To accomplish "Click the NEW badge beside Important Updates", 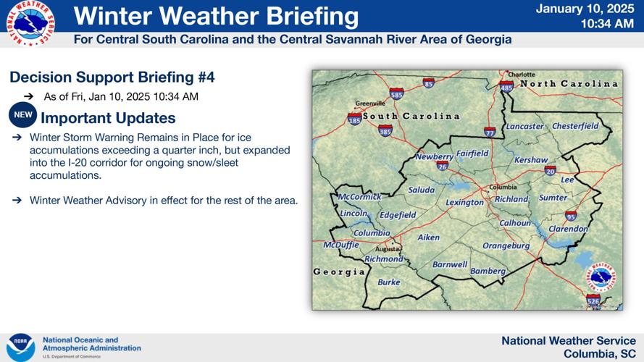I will [x=22, y=115].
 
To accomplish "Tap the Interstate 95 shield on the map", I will [x=571, y=216].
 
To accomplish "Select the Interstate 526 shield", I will [x=593, y=299].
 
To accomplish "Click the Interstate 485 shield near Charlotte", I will [x=506, y=86].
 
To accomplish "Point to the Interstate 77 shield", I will [x=490, y=132].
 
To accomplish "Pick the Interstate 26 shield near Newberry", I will [x=442, y=166].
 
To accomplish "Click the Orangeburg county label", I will [x=506, y=246].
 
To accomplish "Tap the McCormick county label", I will [x=360, y=197].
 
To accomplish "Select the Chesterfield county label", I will [x=575, y=126].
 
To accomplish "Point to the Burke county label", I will [x=389, y=282].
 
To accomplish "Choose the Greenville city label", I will [x=369, y=104].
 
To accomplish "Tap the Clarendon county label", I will [x=568, y=229].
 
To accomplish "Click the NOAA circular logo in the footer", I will [x=20, y=347].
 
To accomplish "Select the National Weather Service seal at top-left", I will [x=30, y=24].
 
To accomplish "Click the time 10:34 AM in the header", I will [x=607, y=24].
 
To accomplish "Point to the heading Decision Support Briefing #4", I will [x=112, y=77].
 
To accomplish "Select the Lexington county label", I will [x=464, y=203].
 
